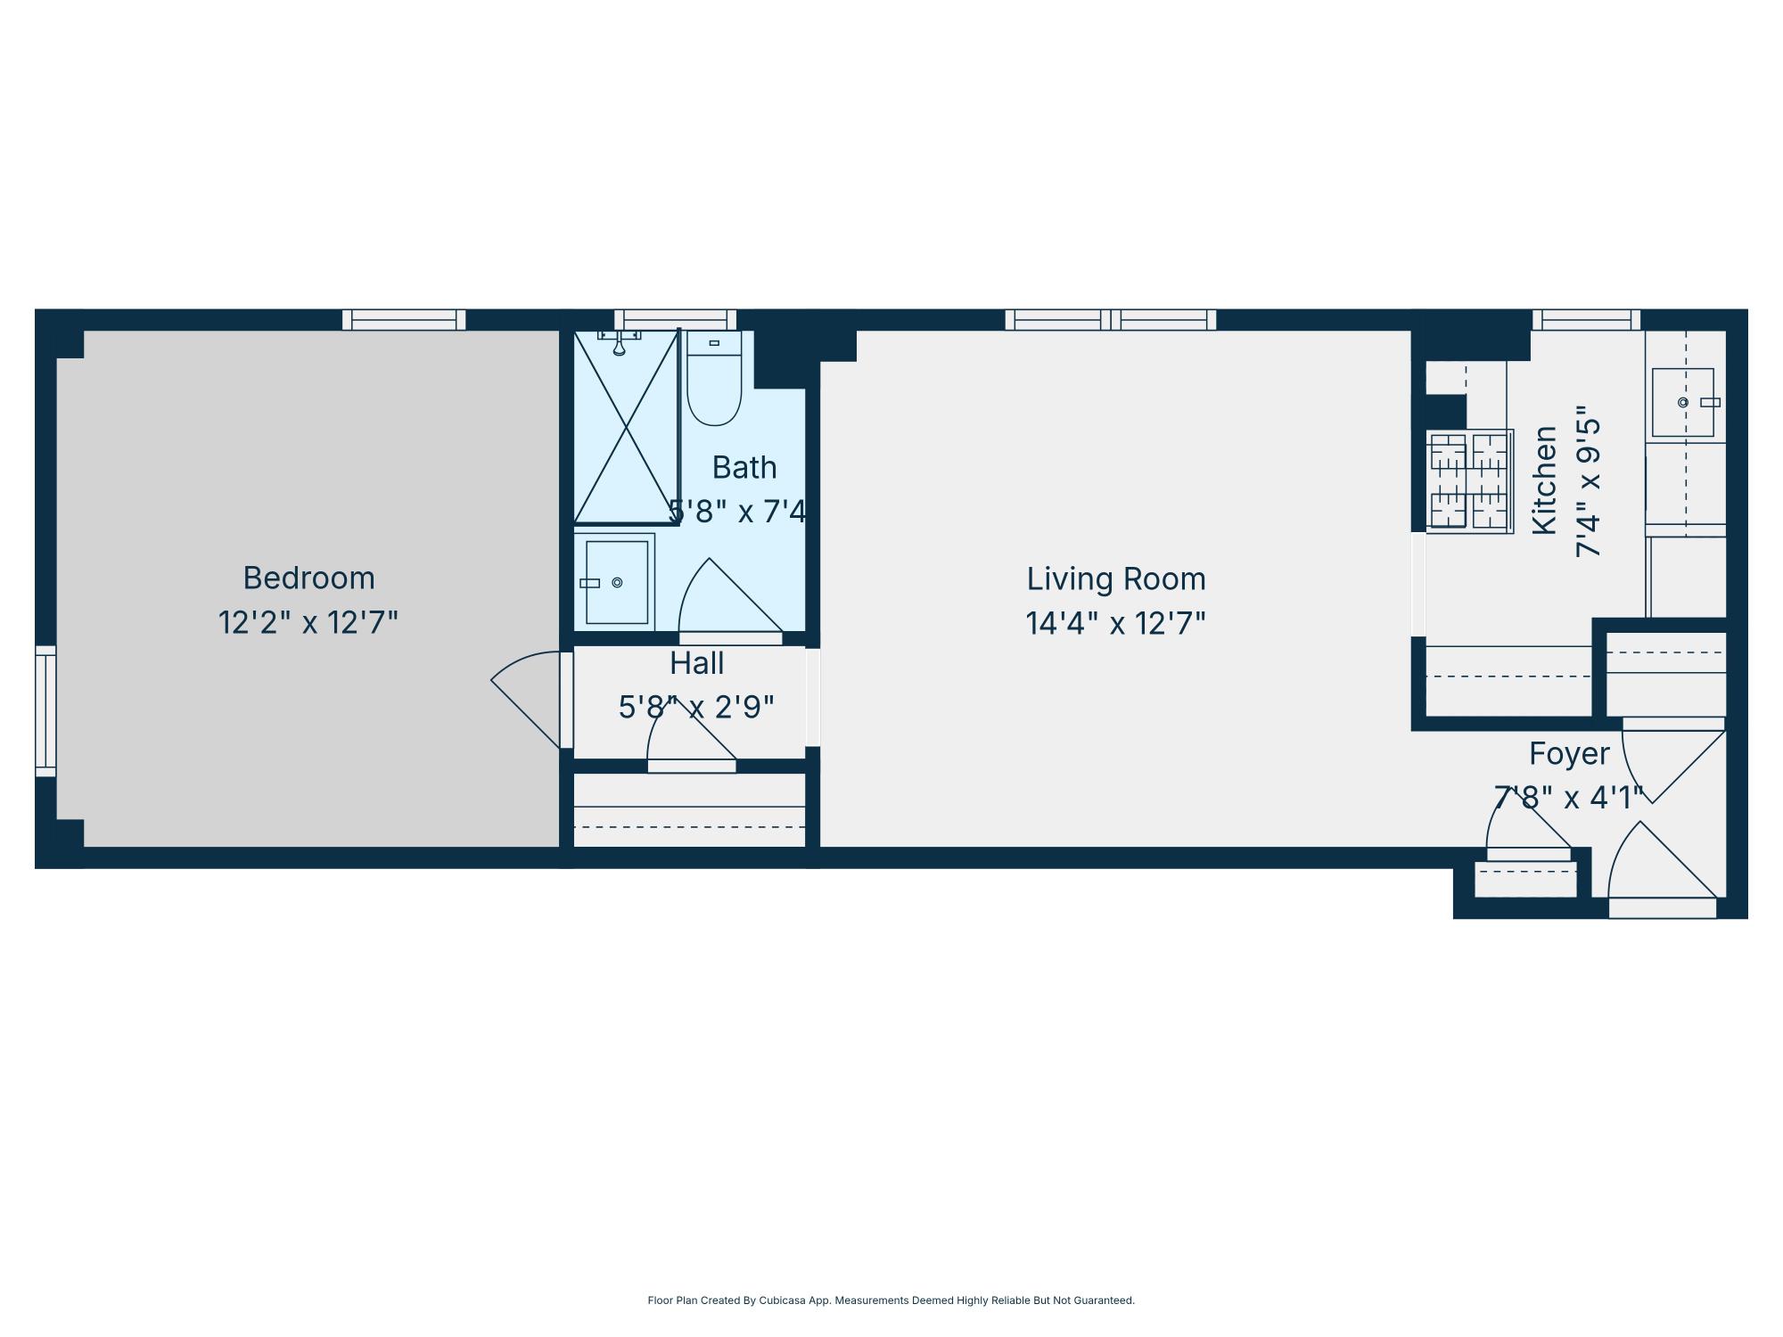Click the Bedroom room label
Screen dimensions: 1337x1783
coord(308,578)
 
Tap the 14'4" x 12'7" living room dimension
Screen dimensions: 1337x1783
coord(1115,623)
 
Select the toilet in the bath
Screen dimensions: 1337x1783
coord(714,381)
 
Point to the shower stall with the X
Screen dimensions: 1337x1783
coord(626,427)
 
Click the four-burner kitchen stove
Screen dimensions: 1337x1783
coord(1469,482)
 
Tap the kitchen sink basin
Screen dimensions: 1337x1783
coord(1683,402)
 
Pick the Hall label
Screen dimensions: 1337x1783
coord(696,663)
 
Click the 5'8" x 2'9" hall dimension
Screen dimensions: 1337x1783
coord(696,708)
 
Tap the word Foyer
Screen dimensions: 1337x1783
coord(1568,754)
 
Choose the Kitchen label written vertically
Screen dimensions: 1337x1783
coord(1545,480)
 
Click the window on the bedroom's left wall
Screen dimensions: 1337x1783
coord(45,711)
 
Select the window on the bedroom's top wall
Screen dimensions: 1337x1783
coord(404,320)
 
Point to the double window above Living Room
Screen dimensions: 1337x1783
coord(1110,320)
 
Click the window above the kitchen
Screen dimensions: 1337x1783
coord(1586,320)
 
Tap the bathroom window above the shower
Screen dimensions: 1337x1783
coord(675,320)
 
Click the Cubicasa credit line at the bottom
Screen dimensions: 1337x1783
coord(891,1300)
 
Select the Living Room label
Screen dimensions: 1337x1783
coord(1115,579)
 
